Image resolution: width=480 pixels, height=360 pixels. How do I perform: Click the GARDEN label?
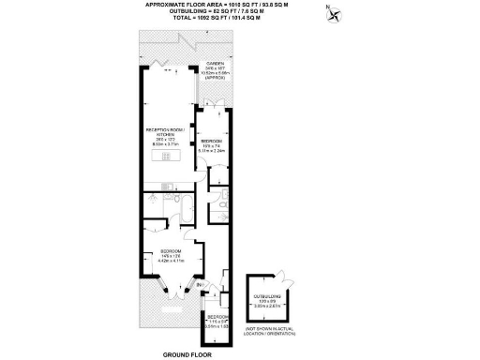point(215,65)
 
